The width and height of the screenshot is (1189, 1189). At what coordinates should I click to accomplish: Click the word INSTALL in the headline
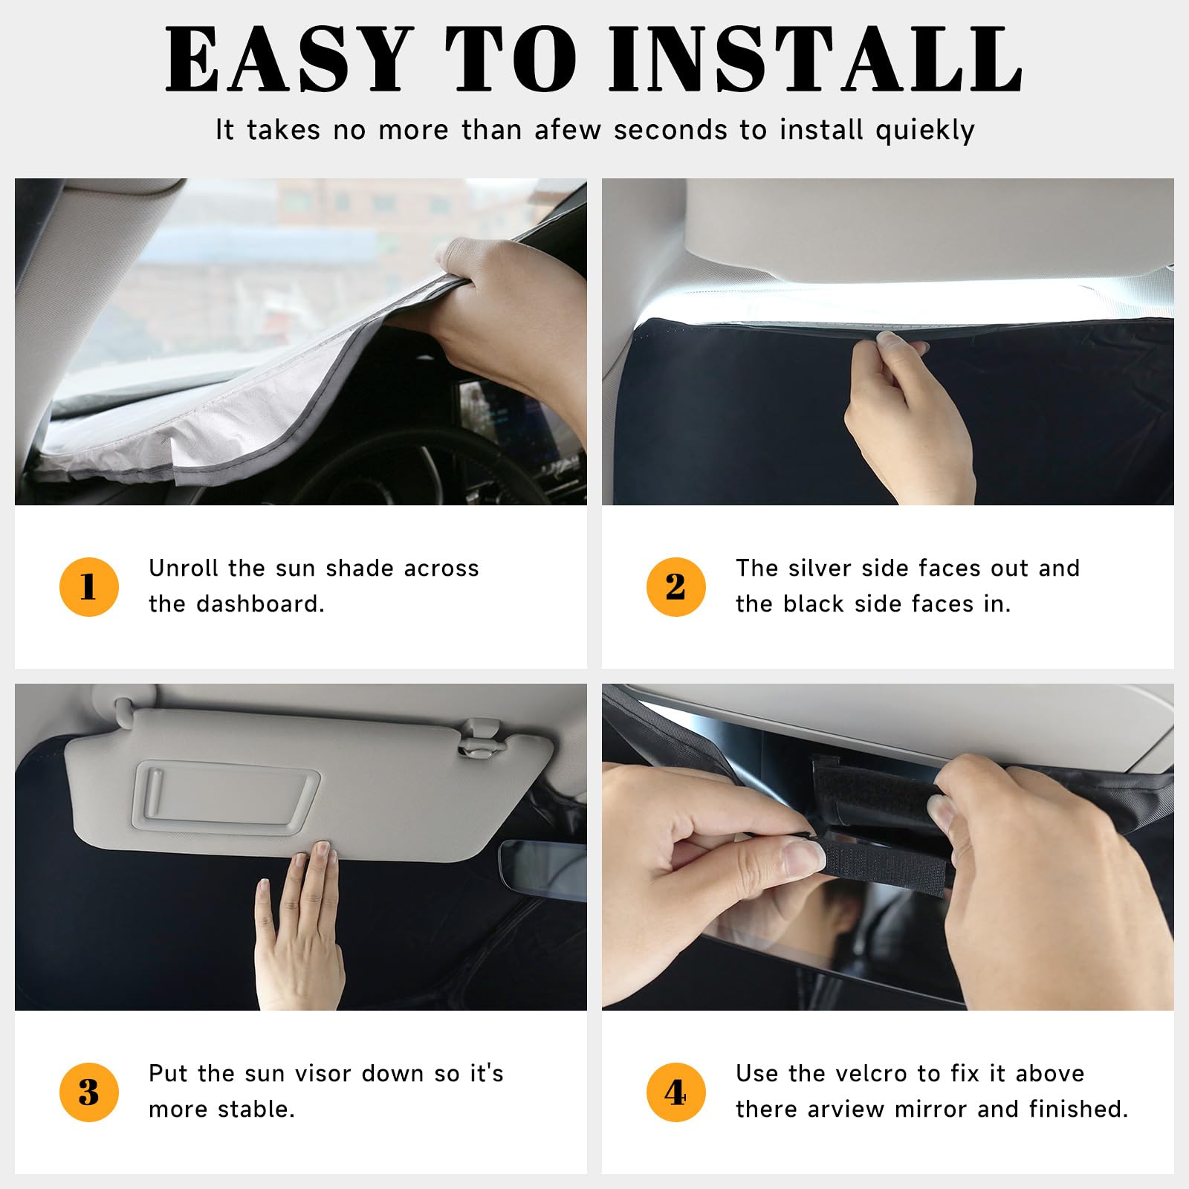[815, 59]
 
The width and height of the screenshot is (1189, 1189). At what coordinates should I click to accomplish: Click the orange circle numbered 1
[88, 587]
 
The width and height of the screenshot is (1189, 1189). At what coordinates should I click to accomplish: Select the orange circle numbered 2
[676, 587]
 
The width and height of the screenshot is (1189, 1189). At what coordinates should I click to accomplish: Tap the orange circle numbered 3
[88, 1092]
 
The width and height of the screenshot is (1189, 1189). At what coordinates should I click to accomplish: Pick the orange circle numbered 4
[676, 1092]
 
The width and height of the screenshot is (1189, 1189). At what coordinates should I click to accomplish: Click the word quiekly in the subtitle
[924, 131]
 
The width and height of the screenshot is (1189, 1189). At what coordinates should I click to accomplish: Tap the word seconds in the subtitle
[670, 130]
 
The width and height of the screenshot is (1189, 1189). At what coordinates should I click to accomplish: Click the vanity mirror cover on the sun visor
[226, 796]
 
